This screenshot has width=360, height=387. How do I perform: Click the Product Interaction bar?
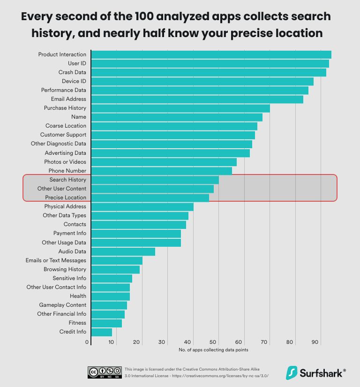point(211,54)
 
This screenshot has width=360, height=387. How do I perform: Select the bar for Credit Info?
point(102,332)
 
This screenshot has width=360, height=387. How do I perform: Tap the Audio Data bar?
point(123,251)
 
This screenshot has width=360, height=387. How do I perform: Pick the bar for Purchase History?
point(180,108)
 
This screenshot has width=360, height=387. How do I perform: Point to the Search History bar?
point(155,180)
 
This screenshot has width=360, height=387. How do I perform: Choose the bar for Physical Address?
point(142,206)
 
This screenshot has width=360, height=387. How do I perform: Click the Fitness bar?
point(107,323)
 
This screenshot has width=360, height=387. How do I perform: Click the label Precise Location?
point(66,197)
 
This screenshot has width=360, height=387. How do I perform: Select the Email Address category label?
point(68,99)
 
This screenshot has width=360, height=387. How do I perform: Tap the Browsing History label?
point(65,269)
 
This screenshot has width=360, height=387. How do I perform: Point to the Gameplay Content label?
point(62,305)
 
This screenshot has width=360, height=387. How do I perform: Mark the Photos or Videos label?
point(65,162)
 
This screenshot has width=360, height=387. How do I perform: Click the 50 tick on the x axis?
point(214,342)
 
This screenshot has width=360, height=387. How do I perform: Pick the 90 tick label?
point(316,342)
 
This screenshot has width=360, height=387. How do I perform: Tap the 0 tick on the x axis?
point(87,342)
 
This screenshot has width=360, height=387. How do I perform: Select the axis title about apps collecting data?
point(213,350)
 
